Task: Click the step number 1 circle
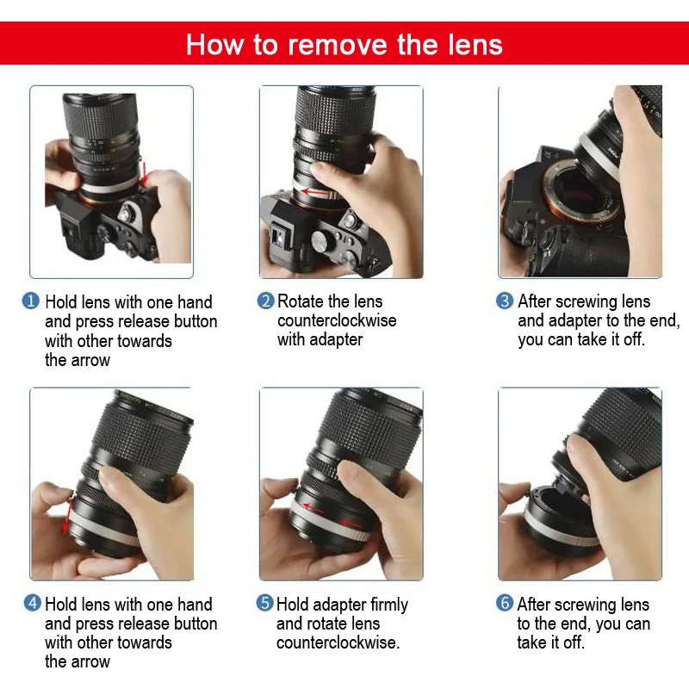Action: click(x=31, y=301)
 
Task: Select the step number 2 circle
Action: click(x=265, y=301)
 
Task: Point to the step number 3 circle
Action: click(x=505, y=301)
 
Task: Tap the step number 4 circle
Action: click(x=31, y=604)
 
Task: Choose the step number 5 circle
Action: click(x=265, y=604)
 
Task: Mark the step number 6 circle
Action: click(x=505, y=604)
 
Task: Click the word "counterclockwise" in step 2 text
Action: click(x=337, y=320)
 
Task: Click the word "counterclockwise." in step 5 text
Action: click(x=338, y=642)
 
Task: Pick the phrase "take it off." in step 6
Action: click(x=551, y=642)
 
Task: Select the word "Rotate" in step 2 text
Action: click(x=301, y=301)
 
